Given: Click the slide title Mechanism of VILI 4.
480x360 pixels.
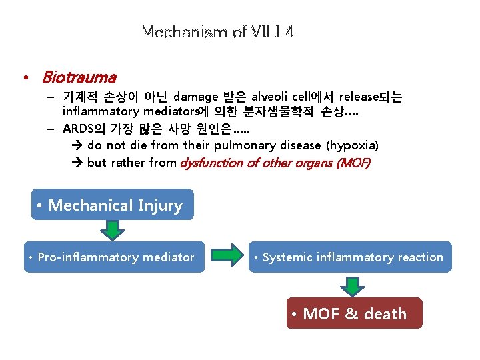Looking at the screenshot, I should click(x=219, y=31).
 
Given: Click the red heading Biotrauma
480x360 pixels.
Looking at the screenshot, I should click(x=79, y=78).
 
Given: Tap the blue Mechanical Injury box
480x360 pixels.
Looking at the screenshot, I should click(x=112, y=205).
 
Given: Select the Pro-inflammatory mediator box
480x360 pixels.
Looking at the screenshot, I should click(x=114, y=257).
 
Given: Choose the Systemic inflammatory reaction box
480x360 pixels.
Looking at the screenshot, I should click(x=351, y=257).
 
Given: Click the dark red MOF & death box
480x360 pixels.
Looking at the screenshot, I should click(x=354, y=313).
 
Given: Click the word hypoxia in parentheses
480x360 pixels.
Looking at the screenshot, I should click(x=355, y=145).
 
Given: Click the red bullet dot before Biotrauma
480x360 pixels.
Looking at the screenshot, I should click(x=25, y=79).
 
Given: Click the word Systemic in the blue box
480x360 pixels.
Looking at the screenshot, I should click(x=287, y=257).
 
